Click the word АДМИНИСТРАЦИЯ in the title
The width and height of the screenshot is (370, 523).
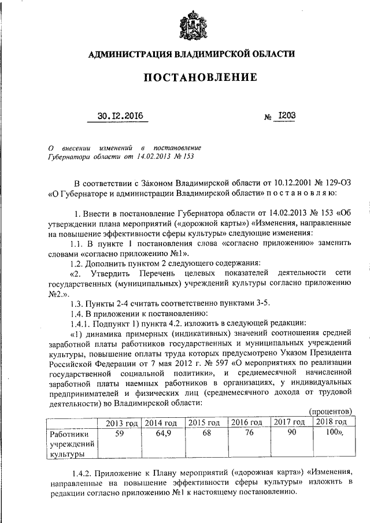128,54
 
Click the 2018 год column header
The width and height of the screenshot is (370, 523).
331,422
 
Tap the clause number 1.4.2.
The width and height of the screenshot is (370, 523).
80,472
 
